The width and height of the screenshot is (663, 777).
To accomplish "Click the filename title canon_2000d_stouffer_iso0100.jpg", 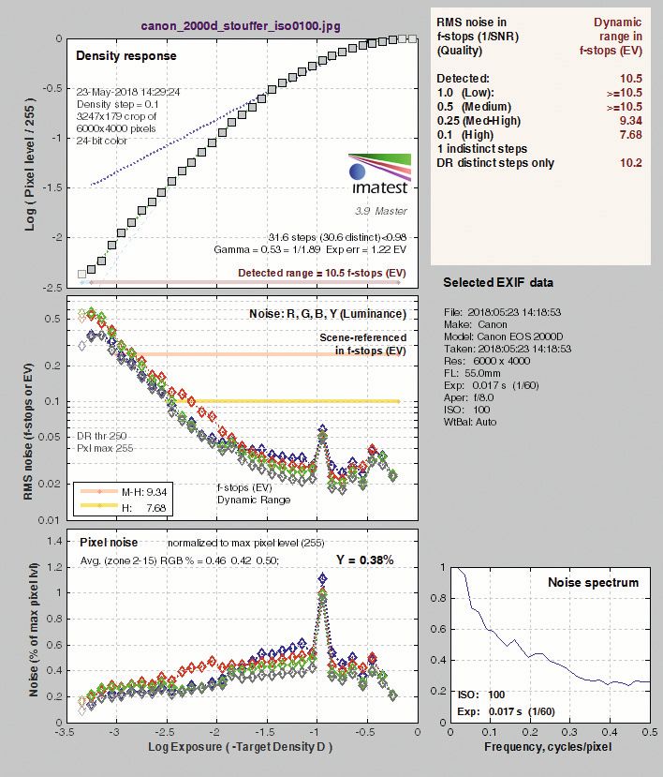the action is coord(241,25).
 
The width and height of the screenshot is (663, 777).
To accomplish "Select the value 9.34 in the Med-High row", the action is coord(630,120).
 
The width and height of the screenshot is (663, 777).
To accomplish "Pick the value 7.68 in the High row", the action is coord(630,135).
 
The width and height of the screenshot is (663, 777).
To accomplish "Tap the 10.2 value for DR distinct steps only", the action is coord(631,163).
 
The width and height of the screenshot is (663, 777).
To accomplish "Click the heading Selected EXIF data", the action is coord(498,282).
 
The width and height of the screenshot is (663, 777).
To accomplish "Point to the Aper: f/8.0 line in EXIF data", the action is coord(469,397).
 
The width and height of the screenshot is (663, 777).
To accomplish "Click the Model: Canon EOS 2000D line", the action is coord(504,336).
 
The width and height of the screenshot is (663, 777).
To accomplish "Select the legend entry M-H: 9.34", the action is coord(144,491).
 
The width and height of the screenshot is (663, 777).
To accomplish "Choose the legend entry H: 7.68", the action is coord(144,507).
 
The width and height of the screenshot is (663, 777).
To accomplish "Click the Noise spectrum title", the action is coord(593,582).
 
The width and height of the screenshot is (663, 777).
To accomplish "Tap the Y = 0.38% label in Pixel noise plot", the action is coord(365,560).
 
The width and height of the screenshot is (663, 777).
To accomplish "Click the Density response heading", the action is coord(126,55).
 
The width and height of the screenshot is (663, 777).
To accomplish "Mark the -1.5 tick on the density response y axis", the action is coord(53,187).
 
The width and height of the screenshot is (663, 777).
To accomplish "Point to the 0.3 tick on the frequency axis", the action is coord(570,732).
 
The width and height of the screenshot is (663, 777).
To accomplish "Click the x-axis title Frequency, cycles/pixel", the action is coord(548,747).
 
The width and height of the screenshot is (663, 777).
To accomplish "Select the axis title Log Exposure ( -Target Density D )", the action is coord(240,747).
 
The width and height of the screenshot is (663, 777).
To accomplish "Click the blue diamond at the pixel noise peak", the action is coord(323,577).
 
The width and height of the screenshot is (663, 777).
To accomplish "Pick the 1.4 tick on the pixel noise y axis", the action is coord(56,541).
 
